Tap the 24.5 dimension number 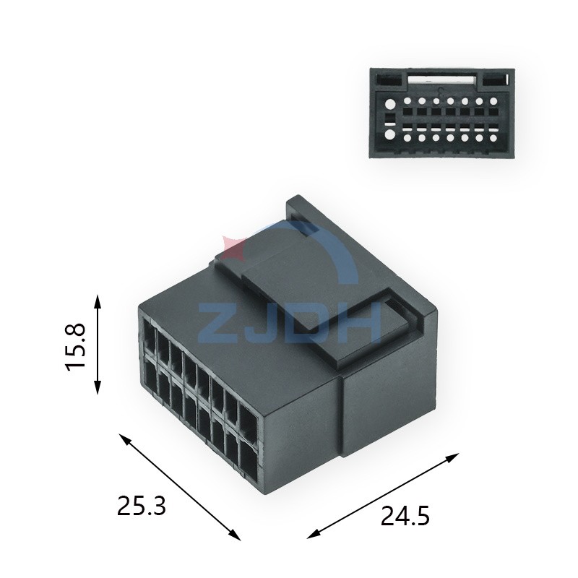tap(405, 516)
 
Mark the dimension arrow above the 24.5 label tap(384, 496)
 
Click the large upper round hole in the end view tap(391, 103)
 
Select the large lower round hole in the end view tap(391, 134)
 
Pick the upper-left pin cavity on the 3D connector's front tap(150, 336)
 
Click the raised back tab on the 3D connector tap(300, 210)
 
